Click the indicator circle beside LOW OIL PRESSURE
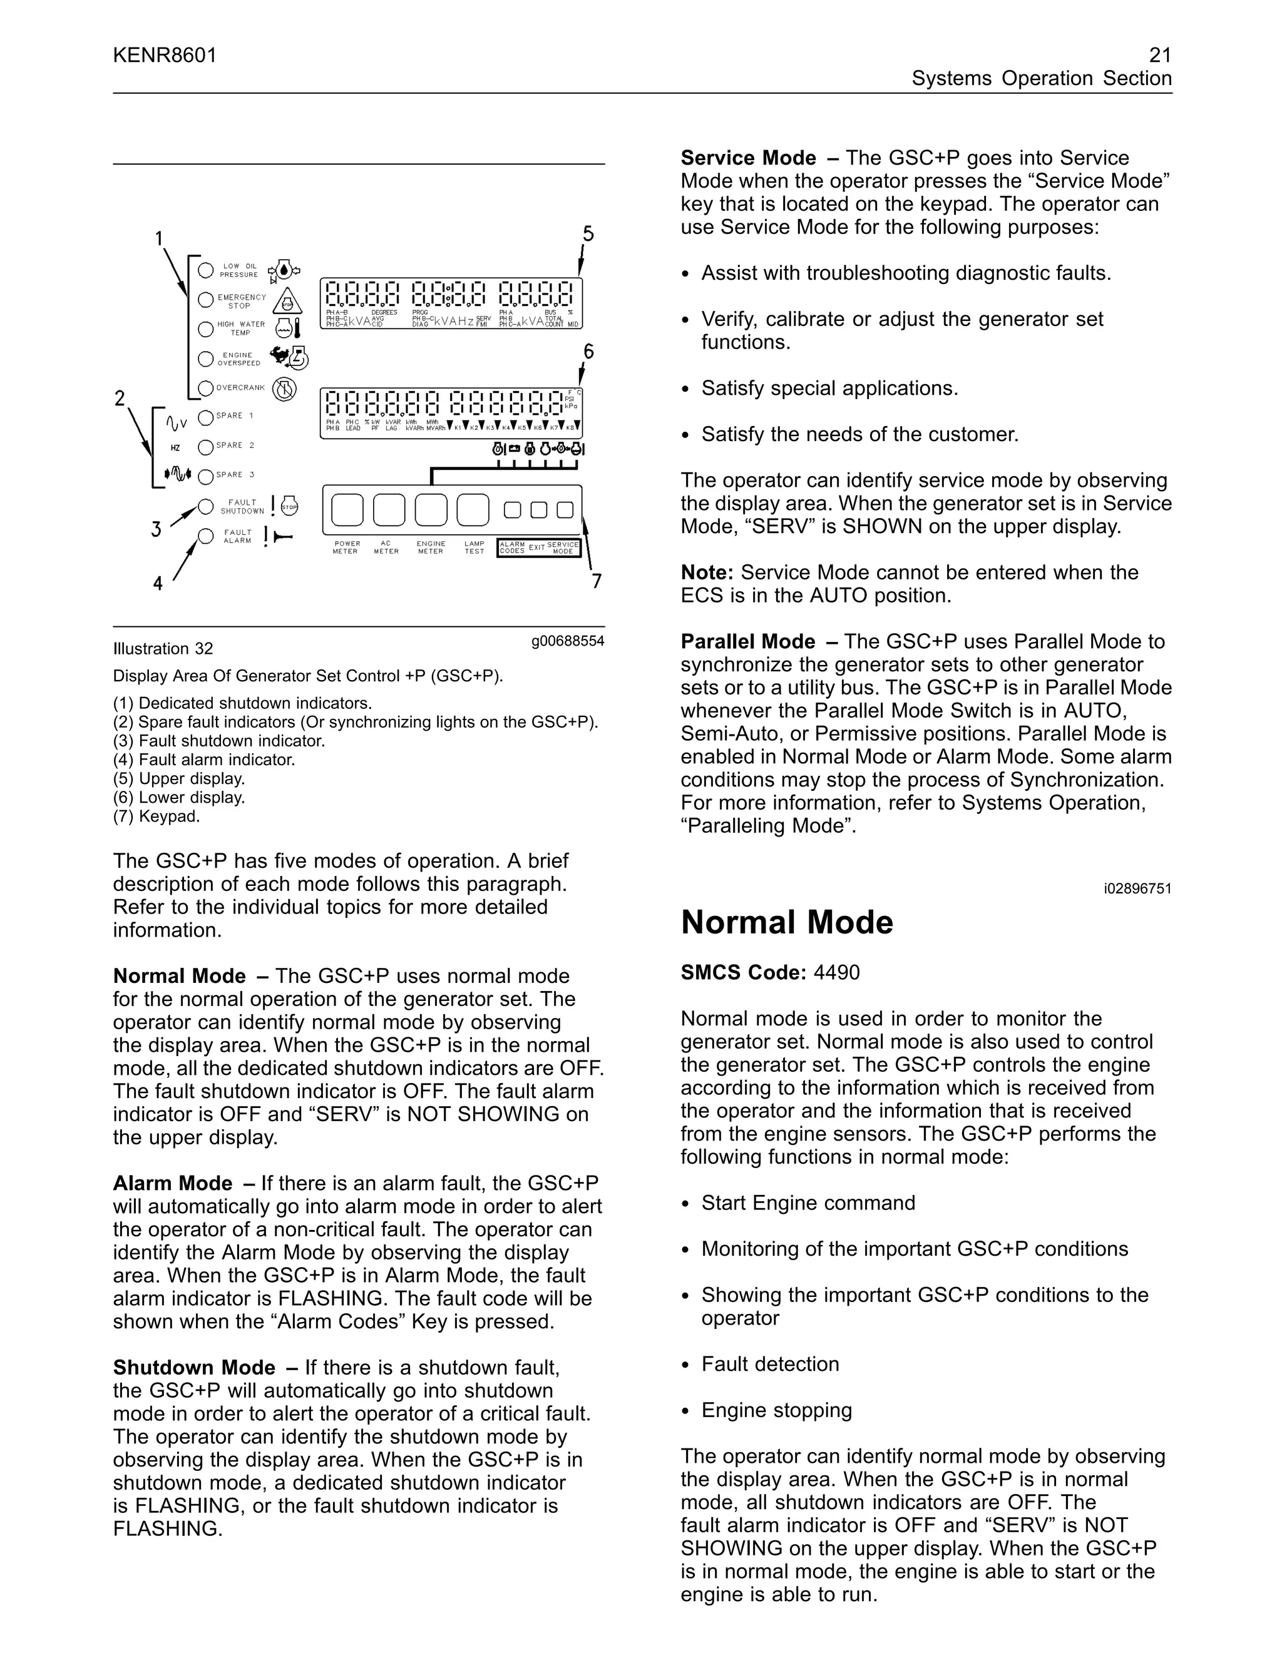coord(205,270)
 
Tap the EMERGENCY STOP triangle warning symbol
coord(287,302)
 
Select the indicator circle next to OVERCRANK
coord(205,389)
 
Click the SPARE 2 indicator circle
coord(205,447)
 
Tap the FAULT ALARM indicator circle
coord(205,537)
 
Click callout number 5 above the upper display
coord(588,234)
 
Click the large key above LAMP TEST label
coord(473,510)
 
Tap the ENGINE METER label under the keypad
coord(431,547)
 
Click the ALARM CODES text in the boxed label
coord(513,547)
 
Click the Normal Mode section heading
coord(787,922)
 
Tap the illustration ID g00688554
coord(567,641)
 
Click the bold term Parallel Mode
coord(747,641)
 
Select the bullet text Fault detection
coord(770,1364)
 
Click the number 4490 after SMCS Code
coord(836,972)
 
